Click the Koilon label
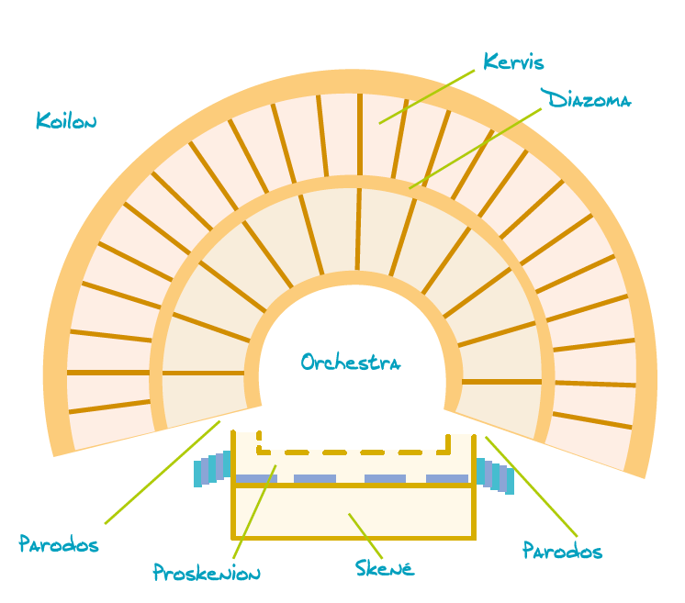click(66, 120)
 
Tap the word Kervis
click(513, 62)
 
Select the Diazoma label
click(585, 99)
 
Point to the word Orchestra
click(351, 363)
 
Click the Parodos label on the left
click(59, 544)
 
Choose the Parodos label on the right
click(562, 551)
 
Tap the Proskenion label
click(207, 574)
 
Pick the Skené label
click(386, 567)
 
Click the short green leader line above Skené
click(365, 533)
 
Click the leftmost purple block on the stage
click(256, 478)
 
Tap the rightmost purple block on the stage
click(447, 478)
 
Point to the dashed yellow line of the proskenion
click(354, 452)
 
